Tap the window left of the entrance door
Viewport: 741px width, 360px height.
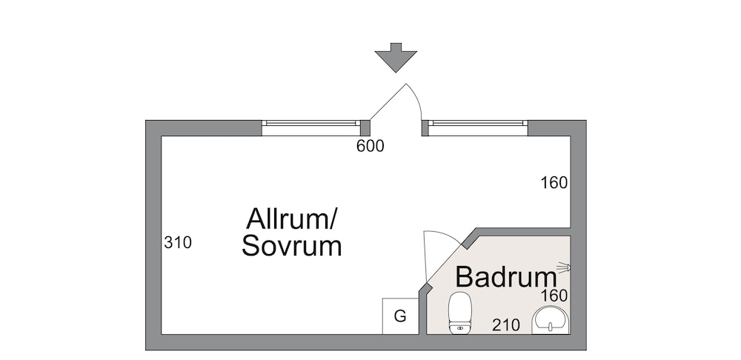(x=310, y=128)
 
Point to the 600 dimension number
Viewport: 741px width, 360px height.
(x=370, y=147)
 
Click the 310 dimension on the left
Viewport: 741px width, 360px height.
(x=178, y=242)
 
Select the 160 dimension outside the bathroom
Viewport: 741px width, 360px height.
(x=554, y=183)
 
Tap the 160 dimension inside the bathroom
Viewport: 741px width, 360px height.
(x=554, y=296)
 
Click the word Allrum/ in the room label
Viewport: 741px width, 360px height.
(x=292, y=219)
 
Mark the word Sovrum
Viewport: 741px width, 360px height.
(x=292, y=247)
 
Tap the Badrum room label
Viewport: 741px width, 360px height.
(x=505, y=277)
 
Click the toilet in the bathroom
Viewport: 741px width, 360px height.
(x=460, y=313)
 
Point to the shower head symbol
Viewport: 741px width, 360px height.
(x=565, y=267)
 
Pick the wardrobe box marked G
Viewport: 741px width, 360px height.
(x=400, y=316)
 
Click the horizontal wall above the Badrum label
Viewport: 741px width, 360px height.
(x=522, y=232)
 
